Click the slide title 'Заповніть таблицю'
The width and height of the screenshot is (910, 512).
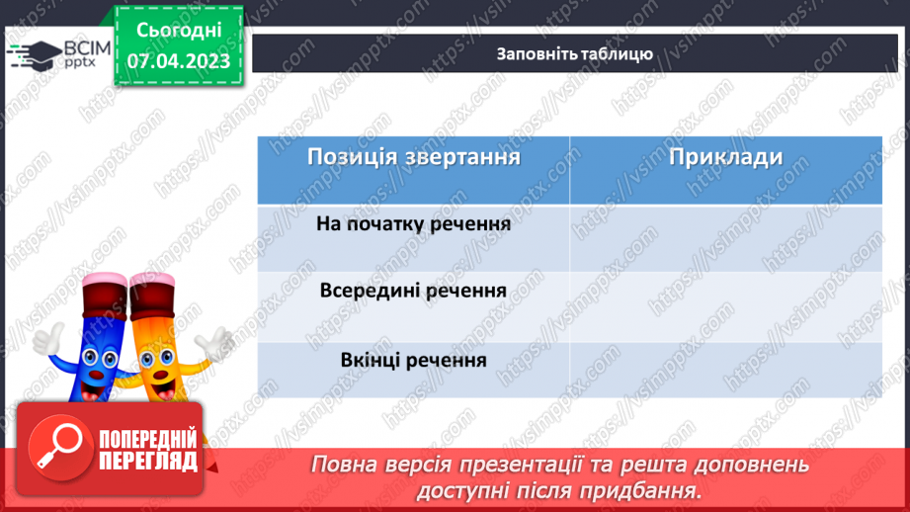(574, 53)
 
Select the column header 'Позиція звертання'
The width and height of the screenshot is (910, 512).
(413, 158)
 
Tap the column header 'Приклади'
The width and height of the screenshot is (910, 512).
(725, 158)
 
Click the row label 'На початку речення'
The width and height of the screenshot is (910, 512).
(413, 224)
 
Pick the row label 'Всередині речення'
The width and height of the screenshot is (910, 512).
(413, 292)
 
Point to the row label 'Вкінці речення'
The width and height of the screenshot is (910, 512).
(413, 359)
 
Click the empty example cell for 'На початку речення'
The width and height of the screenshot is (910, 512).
(725, 237)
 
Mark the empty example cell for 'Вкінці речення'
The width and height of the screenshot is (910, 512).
(725, 370)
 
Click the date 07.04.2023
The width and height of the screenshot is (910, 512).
(178, 61)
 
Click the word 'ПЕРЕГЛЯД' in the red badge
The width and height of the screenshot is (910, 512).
(147, 461)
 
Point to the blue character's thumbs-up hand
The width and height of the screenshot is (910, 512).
(43, 339)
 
